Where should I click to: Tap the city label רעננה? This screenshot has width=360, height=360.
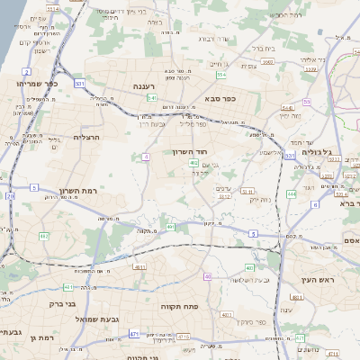pyautogui.click(x=145, y=85)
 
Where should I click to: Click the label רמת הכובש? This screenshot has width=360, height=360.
pyautogui.click(x=282, y=15)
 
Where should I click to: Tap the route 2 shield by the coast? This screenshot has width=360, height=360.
pyautogui.click(x=27, y=71)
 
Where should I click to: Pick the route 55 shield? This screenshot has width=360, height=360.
pyautogui.click(x=306, y=102)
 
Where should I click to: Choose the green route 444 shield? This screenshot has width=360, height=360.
pyautogui.click(x=292, y=193)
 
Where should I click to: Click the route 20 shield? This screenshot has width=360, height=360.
pyautogui.click(x=10, y=195)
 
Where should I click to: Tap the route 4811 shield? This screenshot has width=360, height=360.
pyautogui.click(x=139, y=267)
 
